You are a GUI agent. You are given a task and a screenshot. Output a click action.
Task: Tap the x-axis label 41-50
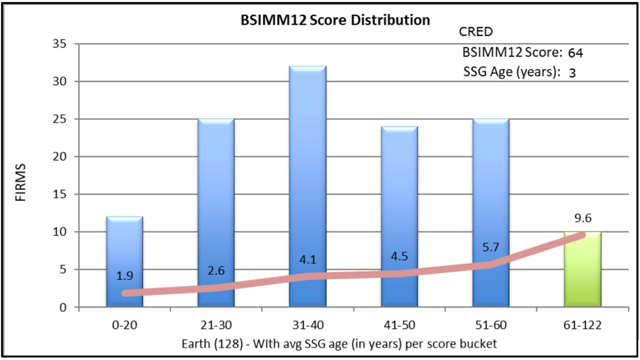tap(399, 326)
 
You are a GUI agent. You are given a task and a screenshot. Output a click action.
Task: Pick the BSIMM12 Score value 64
tap(575, 53)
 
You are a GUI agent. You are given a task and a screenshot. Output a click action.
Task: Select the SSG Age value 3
tap(572, 73)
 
